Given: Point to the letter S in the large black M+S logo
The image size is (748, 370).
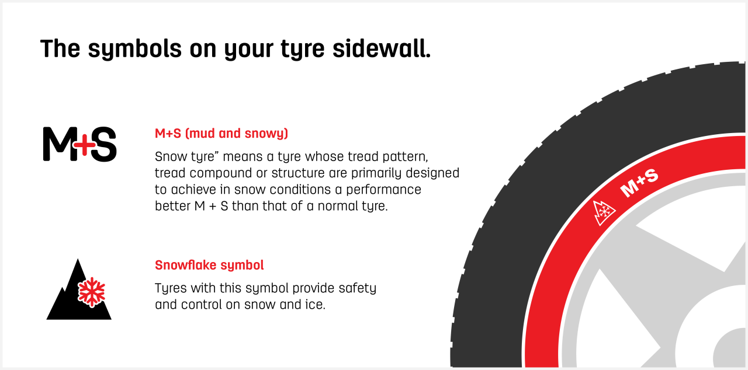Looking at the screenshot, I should (x=103, y=144).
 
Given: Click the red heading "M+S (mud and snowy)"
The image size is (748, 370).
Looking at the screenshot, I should (x=221, y=133).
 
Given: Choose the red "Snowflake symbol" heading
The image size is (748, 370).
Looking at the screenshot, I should (x=209, y=265).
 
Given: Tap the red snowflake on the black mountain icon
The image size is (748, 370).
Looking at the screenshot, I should (x=91, y=292).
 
